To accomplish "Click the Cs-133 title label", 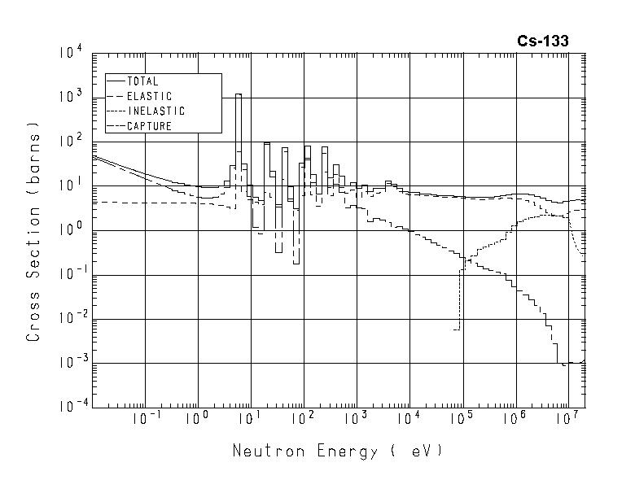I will coord(543,41).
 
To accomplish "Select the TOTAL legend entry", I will coord(142,81).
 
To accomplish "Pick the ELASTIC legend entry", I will coord(148,96).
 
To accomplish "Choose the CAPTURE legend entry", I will coord(149,126).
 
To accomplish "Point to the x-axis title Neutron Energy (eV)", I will coord(338,450).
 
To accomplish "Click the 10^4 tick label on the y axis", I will coord(72,54).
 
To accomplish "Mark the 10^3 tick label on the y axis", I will coord(72,98).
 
